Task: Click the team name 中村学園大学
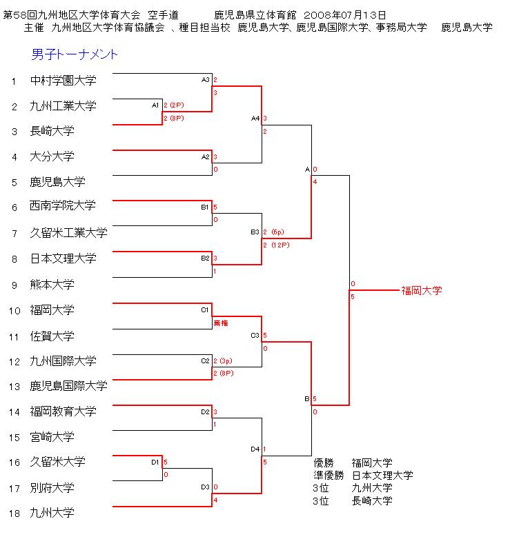click(63, 81)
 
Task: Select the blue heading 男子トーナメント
click(75, 54)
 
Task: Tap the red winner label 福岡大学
click(422, 291)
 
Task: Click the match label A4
click(255, 119)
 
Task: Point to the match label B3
click(255, 232)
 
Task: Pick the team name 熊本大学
click(52, 284)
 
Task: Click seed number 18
click(14, 513)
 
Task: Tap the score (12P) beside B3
click(280, 245)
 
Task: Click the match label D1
click(156, 462)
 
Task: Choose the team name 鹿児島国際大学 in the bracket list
click(68, 386)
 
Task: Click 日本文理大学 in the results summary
click(382, 476)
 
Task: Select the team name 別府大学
click(52, 488)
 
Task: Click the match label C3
click(255, 336)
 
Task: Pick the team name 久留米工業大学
click(68, 233)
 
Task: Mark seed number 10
click(14, 311)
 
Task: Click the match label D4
click(255, 449)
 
